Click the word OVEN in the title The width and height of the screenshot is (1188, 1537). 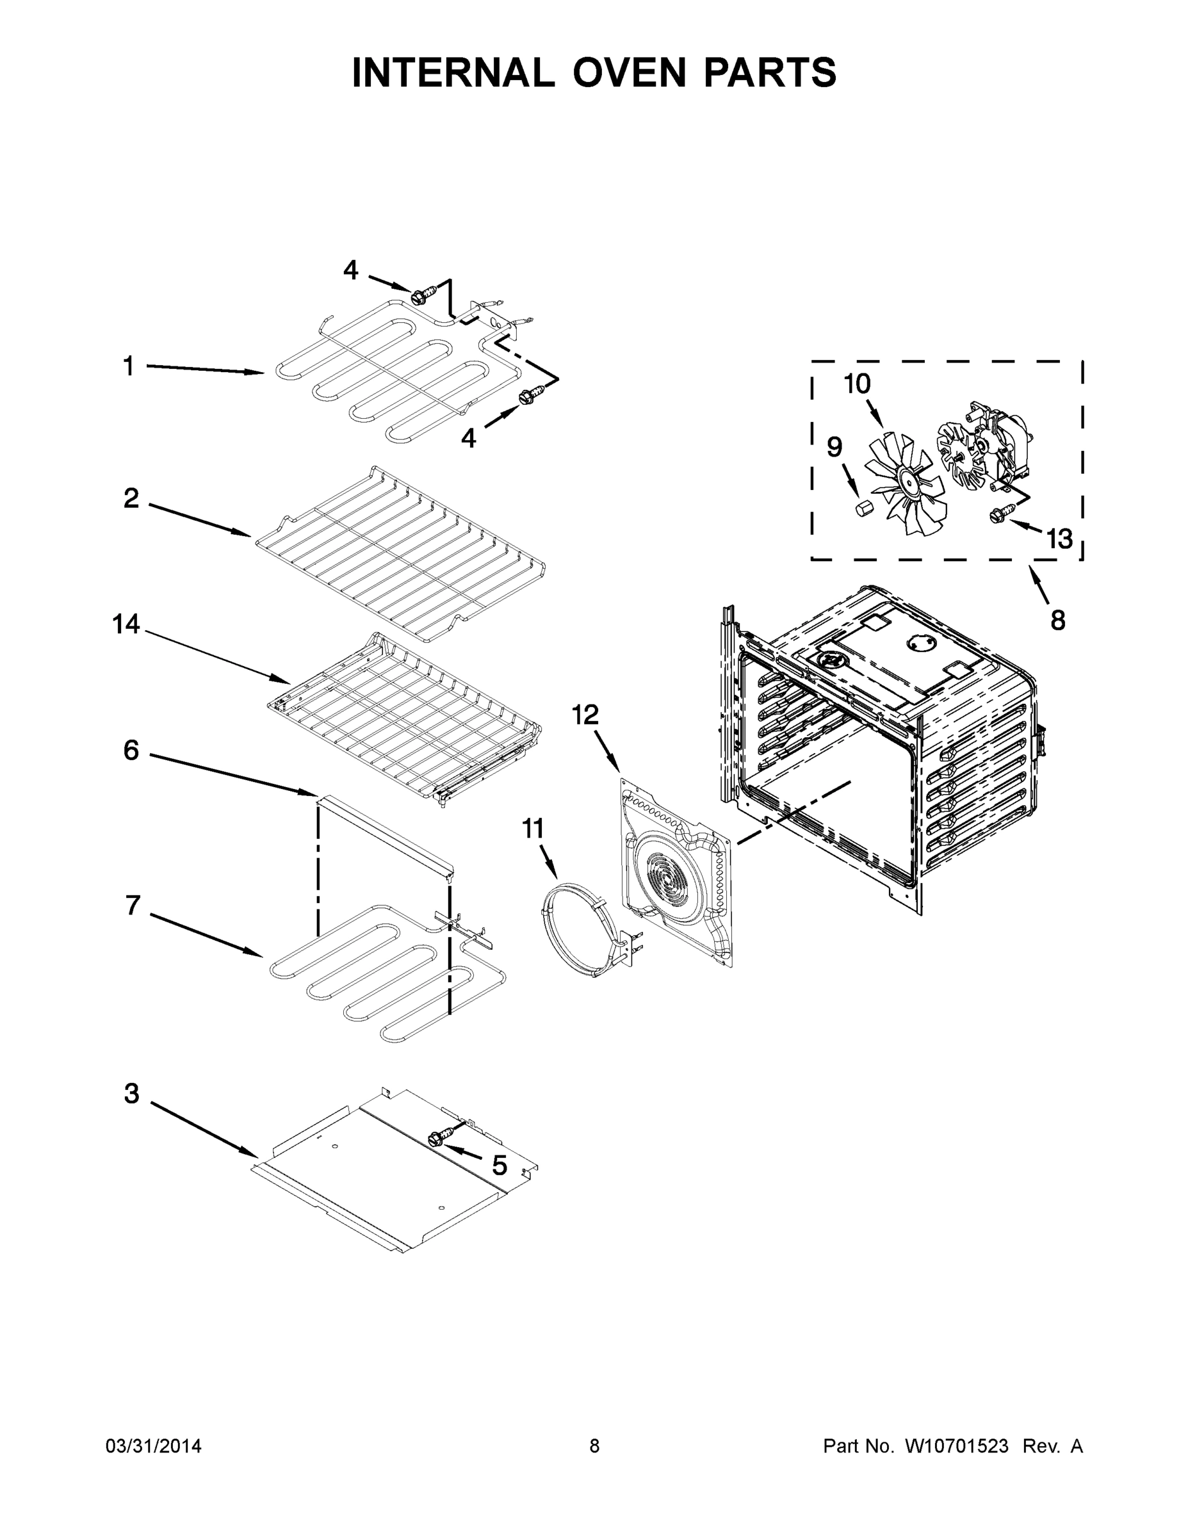628,73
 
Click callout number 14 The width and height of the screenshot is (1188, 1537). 127,624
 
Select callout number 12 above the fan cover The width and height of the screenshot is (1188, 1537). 585,715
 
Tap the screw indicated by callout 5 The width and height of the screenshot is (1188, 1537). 437,1139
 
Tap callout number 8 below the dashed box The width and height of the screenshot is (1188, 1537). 1058,620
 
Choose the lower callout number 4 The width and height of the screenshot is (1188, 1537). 469,439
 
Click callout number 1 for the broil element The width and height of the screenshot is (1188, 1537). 129,366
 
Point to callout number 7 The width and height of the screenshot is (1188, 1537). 133,905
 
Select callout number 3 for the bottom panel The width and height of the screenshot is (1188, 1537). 132,1093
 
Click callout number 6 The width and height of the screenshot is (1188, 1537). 132,750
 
